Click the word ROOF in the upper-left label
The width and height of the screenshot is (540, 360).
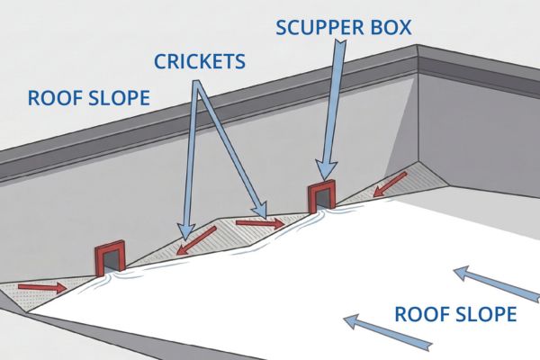(51, 97)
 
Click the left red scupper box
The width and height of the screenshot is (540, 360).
(109, 256)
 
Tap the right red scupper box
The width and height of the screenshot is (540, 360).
(321, 196)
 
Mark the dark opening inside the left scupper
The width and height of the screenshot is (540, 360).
(109, 262)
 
